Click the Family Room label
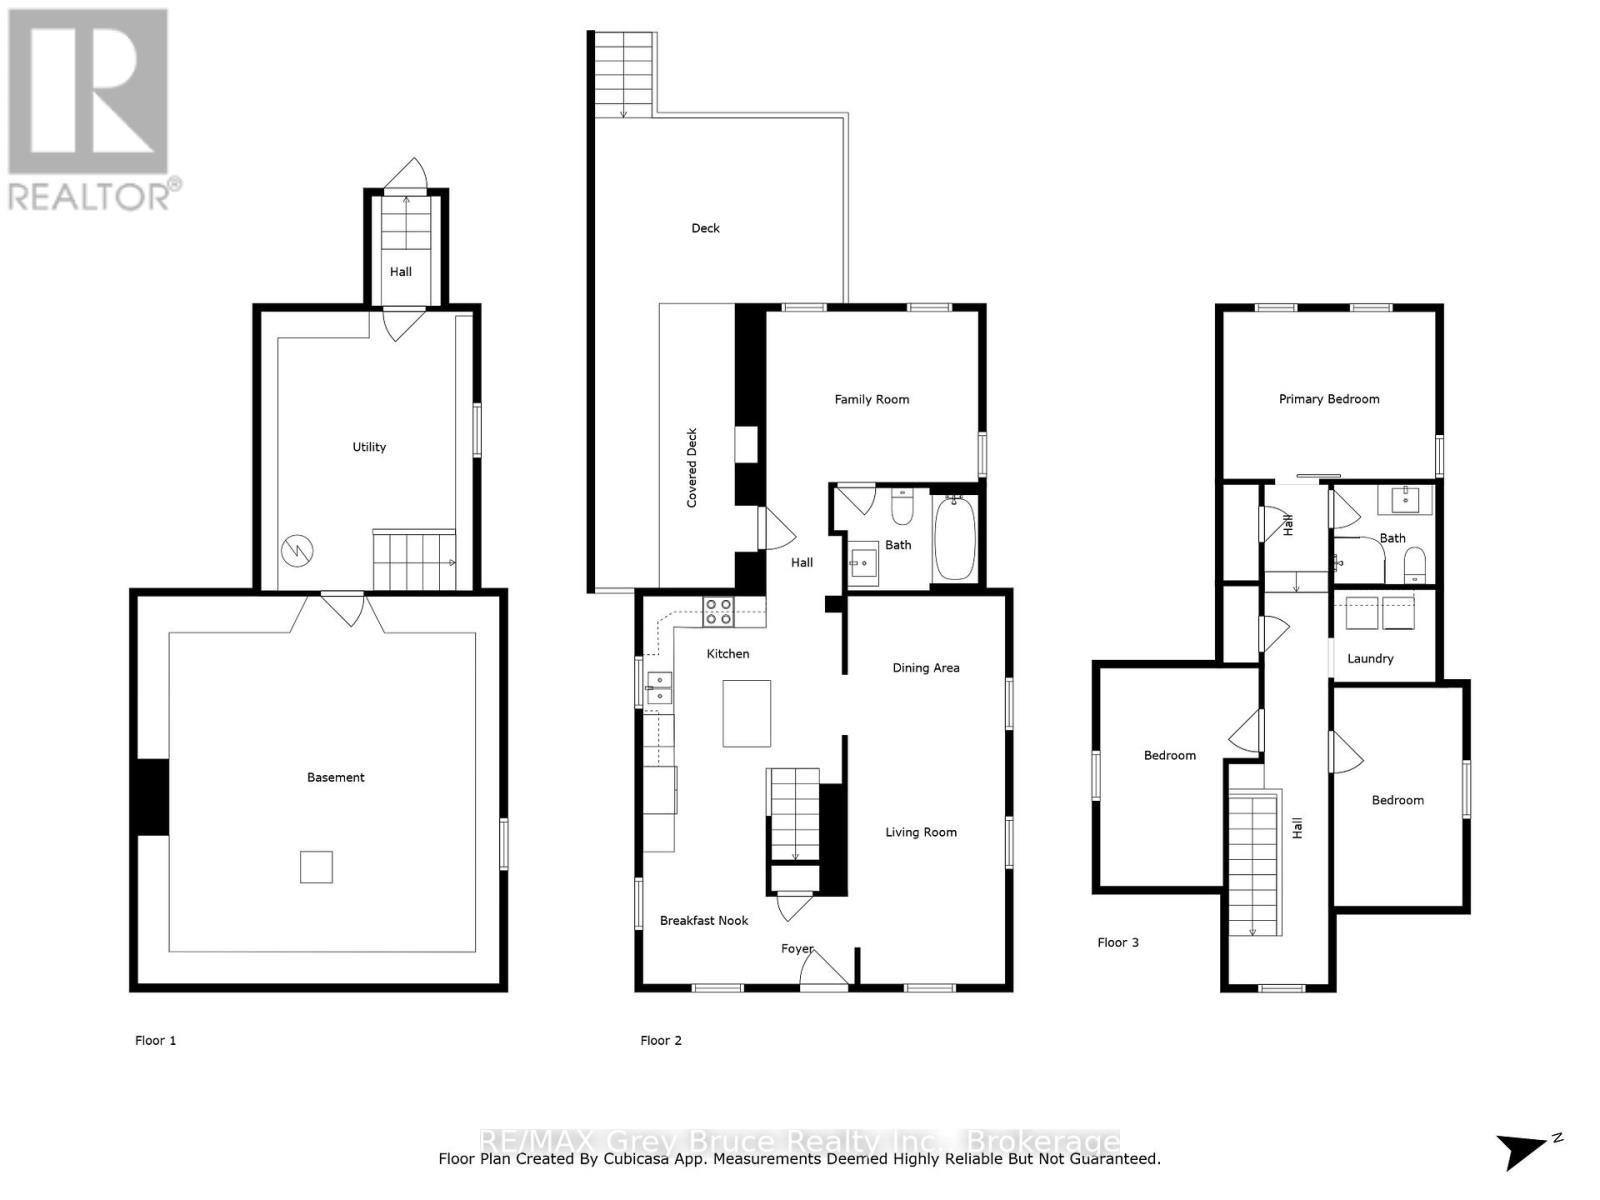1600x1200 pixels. pos(872,399)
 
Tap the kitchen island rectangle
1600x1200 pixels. pos(747,713)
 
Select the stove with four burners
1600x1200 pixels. pos(718,612)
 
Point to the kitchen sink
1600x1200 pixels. pos(658,687)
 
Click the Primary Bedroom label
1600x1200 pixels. pos(1329,399)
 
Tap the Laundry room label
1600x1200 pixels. pos(1370,658)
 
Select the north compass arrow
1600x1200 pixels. pos(1525,1150)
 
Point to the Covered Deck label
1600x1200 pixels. pos(691,468)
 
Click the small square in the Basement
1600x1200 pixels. pos(316,867)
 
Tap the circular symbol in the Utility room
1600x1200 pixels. pos(297,549)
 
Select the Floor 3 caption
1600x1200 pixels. pos(1118,942)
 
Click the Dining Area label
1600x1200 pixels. pos(926,668)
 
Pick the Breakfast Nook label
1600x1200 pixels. pos(704,920)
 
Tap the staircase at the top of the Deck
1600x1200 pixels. pos(624,74)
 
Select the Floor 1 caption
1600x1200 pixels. pos(156,1040)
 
